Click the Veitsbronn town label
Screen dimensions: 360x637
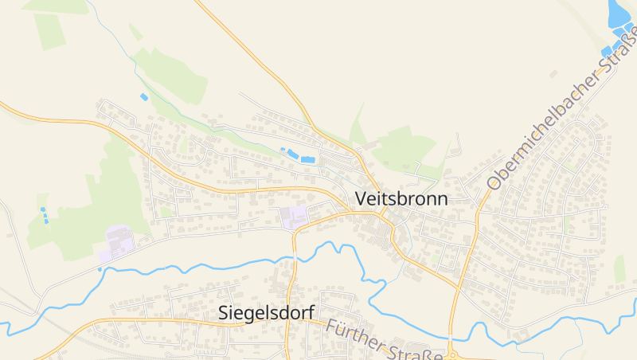401,198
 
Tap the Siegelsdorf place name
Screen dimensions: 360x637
266,313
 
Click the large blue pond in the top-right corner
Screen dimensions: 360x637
617,14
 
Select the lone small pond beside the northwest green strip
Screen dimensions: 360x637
144,97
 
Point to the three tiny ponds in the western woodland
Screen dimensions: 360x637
44,214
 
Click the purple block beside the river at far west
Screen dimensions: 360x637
118,242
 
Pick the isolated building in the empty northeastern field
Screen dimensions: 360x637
553,74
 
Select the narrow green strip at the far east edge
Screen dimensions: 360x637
619,269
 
